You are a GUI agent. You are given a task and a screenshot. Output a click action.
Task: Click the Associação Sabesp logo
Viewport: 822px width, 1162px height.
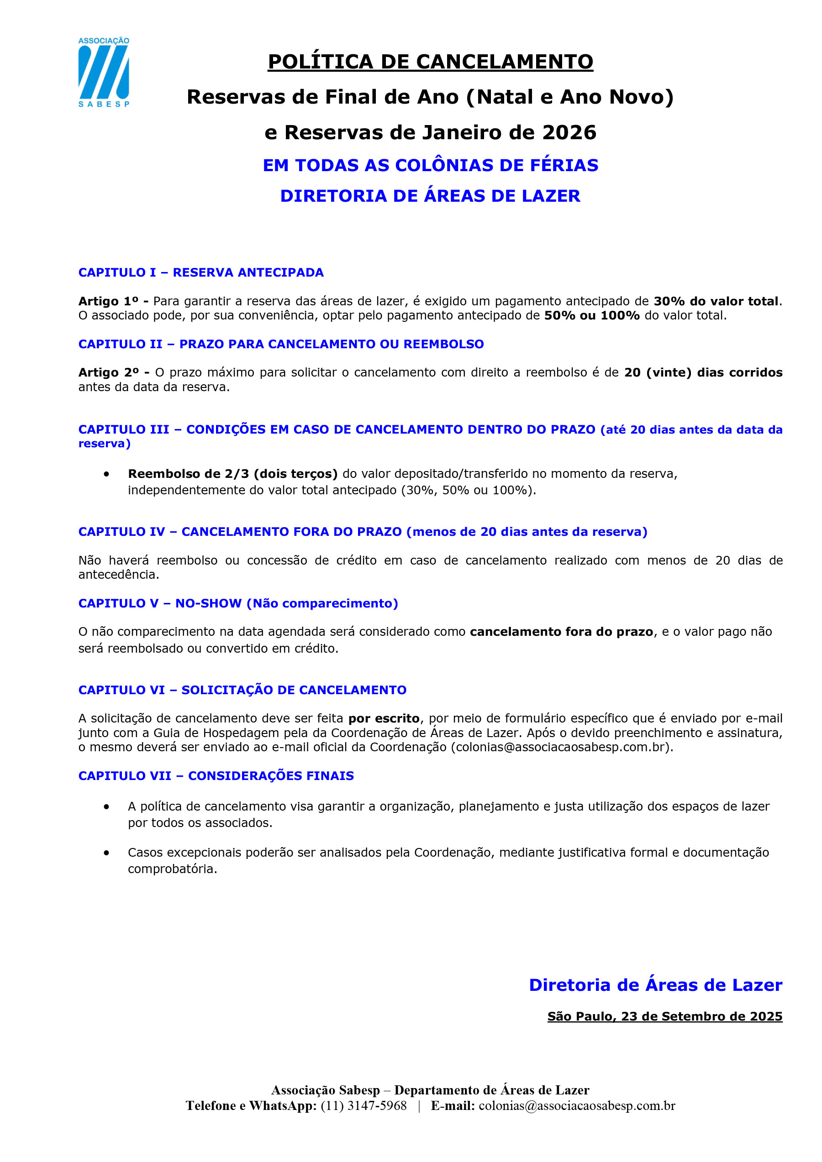(103, 72)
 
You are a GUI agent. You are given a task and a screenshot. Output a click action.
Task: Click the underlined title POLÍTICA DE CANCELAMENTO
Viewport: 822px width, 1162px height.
(430, 62)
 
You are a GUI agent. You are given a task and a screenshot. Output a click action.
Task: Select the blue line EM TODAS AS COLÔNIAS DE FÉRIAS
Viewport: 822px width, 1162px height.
(430, 166)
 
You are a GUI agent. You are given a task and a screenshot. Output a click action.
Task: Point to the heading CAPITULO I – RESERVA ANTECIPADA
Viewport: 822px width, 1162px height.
(200, 272)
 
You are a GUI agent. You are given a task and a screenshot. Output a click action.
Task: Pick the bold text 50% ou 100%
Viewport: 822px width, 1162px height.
(591, 315)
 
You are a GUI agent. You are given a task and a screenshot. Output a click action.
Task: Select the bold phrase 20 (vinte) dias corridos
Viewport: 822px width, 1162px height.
(703, 372)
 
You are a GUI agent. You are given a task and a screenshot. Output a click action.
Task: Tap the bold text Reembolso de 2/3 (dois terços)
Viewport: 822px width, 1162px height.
(232, 474)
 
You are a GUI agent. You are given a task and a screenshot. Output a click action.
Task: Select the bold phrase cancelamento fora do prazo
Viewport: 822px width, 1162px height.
(561, 632)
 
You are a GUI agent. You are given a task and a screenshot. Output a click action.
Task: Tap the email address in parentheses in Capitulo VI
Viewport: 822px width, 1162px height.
(562, 747)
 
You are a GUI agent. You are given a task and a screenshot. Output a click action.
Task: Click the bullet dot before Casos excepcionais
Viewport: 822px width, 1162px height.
(106, 853)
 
